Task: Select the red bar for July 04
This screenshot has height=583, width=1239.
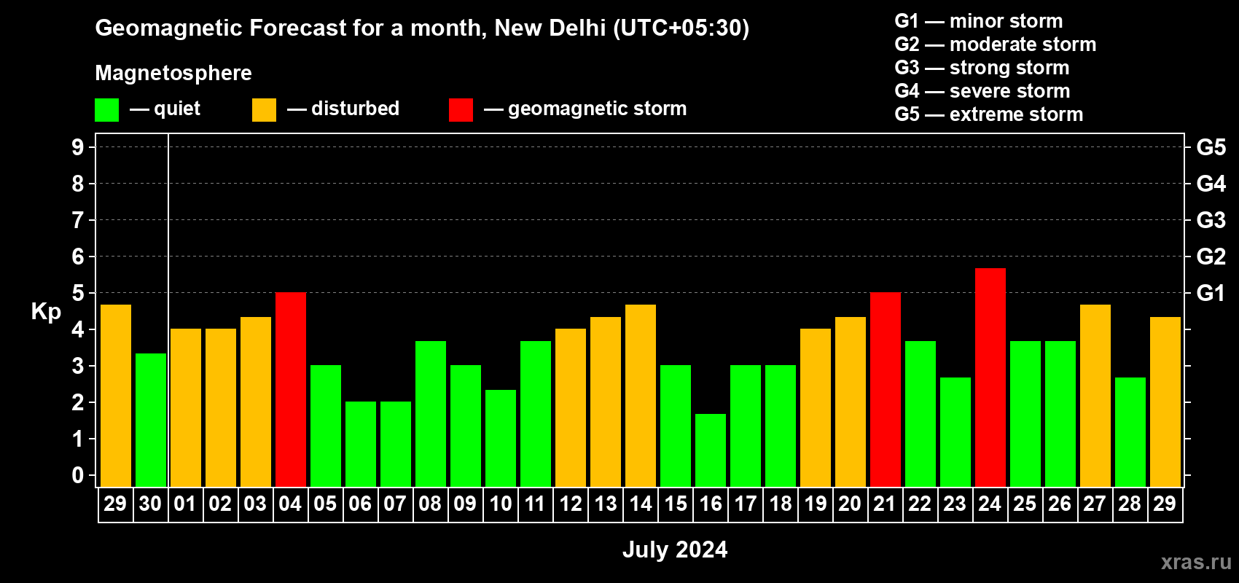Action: coord(291,389)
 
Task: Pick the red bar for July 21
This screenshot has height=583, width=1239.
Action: coord(885,389)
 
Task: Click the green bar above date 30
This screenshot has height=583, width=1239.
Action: coord(151,420)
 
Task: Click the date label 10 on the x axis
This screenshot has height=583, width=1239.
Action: coord(501,504)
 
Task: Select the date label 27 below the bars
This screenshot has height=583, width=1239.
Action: coord(1095,504)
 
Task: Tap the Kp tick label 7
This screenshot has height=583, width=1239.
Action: coord(78,220)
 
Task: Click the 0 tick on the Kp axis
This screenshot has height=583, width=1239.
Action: coord(78,476)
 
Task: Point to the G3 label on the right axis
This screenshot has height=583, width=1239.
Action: coord(1211,220)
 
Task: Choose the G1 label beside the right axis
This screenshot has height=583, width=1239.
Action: coord(1211,293)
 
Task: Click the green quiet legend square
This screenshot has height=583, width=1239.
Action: coord(107,110)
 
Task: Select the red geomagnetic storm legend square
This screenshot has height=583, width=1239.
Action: coord(461,110)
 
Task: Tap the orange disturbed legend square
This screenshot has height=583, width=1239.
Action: coord(264,110)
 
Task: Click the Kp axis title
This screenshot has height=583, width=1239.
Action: coord(46,312)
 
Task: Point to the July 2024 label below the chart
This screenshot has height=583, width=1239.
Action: coord(675,549)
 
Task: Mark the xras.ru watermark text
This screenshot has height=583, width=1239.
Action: coord(1196,561)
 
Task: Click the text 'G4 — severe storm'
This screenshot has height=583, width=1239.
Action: coord(982,91)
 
